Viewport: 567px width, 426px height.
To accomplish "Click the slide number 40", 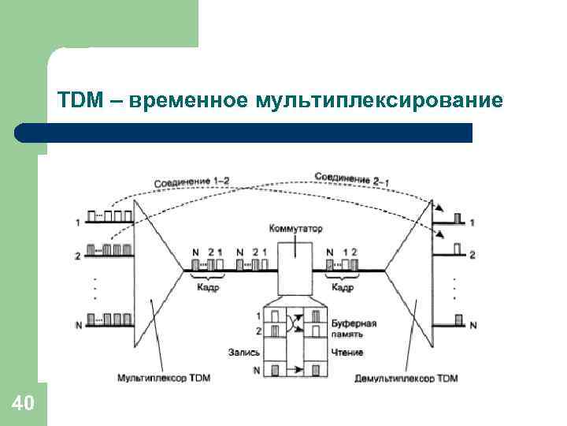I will coord(23,404).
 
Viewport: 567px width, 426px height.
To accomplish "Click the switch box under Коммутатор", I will coord(295,272).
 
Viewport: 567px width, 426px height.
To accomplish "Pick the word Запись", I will coord(243,352).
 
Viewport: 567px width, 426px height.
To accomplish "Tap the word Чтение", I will coord(347,352).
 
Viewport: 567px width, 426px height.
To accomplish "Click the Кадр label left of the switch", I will coord(207,288).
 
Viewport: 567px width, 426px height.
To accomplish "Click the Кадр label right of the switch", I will coord(343,288).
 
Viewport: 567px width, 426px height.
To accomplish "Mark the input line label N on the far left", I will coord(77,325).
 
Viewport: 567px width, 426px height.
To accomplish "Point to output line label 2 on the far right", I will coord(472,256).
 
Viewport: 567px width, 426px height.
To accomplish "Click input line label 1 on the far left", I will coord(77,223).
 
